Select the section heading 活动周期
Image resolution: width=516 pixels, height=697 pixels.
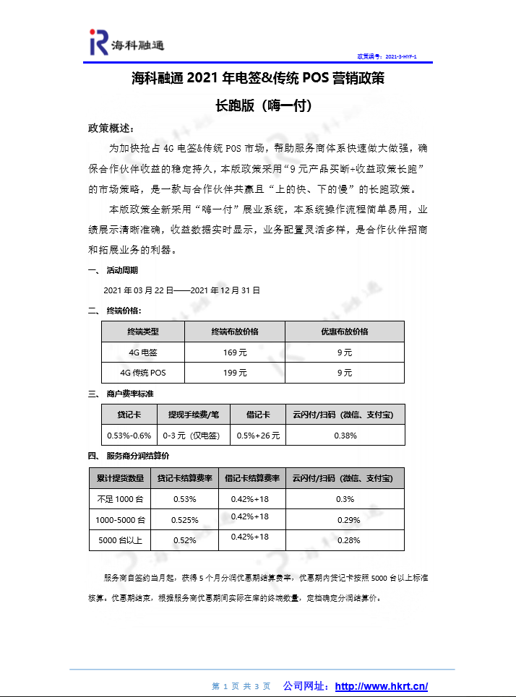pos(121,270)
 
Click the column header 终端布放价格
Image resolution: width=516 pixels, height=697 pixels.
pos(235,332)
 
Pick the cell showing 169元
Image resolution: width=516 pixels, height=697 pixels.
pos(235,352)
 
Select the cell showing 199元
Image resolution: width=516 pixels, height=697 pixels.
pos(235,373)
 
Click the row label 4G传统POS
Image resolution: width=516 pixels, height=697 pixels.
pos(143,373)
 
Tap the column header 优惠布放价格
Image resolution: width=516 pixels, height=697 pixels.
pos(345,332)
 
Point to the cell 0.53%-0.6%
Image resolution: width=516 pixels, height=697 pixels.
pos(129,436)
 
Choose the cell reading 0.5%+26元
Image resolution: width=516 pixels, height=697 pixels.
pos(258,436)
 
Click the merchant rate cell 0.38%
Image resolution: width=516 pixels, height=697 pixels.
pos(345,436)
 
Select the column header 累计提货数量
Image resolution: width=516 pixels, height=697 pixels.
pos(120,478)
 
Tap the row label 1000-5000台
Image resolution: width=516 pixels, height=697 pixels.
pos(120,519)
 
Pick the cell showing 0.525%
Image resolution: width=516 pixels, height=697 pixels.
pos(184,519)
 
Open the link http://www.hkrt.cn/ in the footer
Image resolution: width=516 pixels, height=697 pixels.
pos(382,686)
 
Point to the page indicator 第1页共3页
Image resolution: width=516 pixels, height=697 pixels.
pos(241,686)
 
